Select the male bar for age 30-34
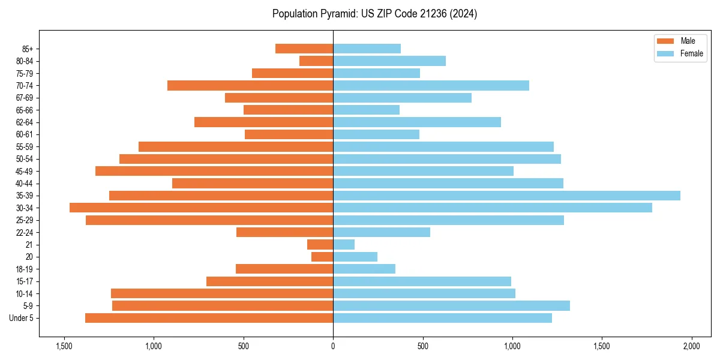coord(201,208)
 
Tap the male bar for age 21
coord(320,244)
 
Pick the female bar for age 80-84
coord(389,61)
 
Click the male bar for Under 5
coord(209,318)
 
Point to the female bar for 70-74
coord(431,85)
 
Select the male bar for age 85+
coord(304,49)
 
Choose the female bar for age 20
coord(355,257)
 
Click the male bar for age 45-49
coord(214,171)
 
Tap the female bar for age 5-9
coord(451,305)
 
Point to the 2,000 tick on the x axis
coord(691,346)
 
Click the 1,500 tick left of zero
coord(64,346)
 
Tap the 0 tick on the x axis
coord(333,346)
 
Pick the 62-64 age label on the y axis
coord(24,122)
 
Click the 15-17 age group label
coord(24,281)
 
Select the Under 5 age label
coord(22,318)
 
